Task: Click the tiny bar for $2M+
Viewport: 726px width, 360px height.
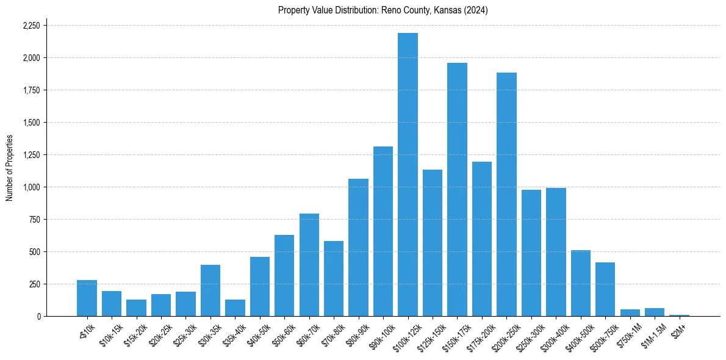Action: (x=679, y=315)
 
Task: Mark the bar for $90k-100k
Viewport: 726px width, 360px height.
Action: (x=383, y=231)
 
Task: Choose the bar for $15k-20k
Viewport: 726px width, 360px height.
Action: (x=136, y=308)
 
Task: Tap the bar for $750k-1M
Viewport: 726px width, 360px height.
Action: (x=630, y=313)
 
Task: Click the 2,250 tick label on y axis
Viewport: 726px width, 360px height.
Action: (x=31, y=26)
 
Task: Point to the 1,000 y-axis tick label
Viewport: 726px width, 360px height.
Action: (x=31, y=187)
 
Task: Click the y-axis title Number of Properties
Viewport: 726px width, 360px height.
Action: (x=9, y=168)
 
